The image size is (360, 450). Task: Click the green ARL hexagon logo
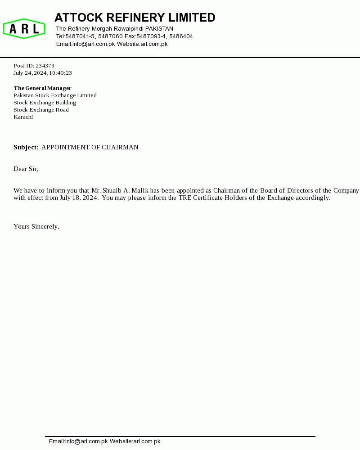click(24, 29)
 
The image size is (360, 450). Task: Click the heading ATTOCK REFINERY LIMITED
click(135, 18)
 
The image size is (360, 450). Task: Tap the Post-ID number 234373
click(45, 66)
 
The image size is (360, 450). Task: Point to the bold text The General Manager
click(42, 88)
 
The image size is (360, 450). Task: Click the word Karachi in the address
click(23, 117)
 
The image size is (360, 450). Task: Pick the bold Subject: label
click(26, 148)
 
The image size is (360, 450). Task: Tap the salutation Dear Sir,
click(26, 169)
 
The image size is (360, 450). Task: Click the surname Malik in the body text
click(140, 191)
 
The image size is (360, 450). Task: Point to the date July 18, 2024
click(79, 198)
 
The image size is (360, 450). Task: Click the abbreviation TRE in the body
click(184, 198)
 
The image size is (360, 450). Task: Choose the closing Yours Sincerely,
click(36, 227)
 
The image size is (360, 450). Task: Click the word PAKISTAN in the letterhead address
click(159, 29)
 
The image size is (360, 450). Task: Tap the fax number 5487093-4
click(151, 36)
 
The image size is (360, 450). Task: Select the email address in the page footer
click(78, 441)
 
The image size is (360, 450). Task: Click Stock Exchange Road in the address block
click(41, 110)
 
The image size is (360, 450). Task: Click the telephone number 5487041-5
click(80, 36)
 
